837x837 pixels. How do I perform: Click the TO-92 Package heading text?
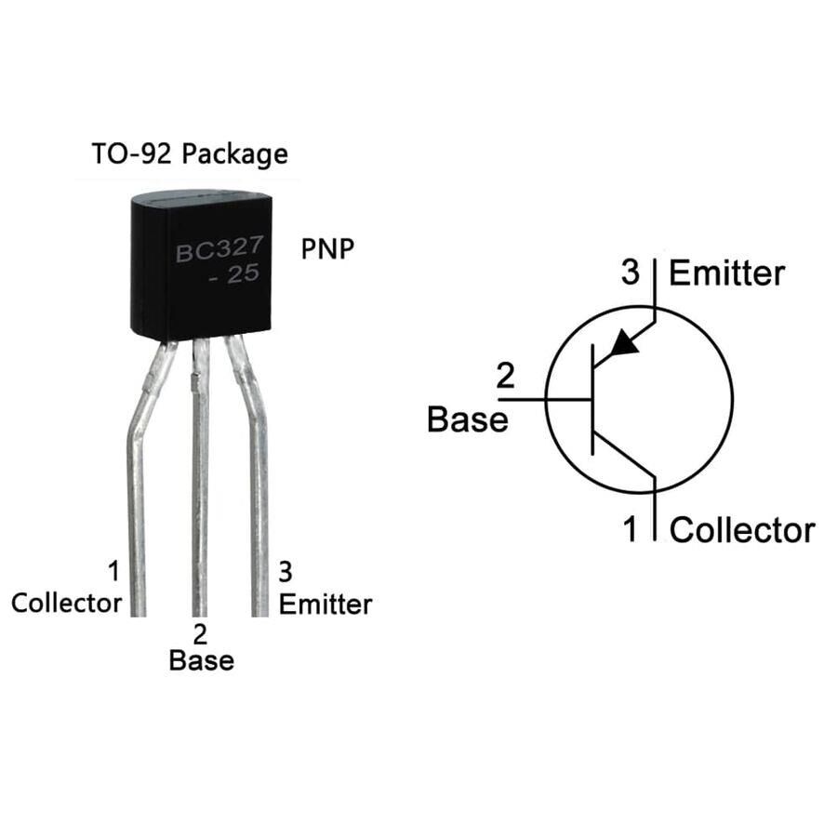189,153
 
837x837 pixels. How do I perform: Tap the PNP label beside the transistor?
327,249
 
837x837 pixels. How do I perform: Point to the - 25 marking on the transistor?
240,280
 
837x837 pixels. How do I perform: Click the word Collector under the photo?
66,603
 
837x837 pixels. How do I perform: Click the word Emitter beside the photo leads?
325,604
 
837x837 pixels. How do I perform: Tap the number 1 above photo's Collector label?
113,570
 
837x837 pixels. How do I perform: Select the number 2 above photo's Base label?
200,634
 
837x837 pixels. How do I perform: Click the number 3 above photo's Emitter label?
286,570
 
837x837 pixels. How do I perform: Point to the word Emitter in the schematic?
726,273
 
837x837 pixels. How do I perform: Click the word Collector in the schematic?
741,530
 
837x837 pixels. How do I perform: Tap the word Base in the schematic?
468,419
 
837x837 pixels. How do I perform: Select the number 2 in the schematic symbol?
505,377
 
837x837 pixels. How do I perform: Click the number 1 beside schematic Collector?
631,530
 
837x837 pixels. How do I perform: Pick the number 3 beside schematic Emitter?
631,273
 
